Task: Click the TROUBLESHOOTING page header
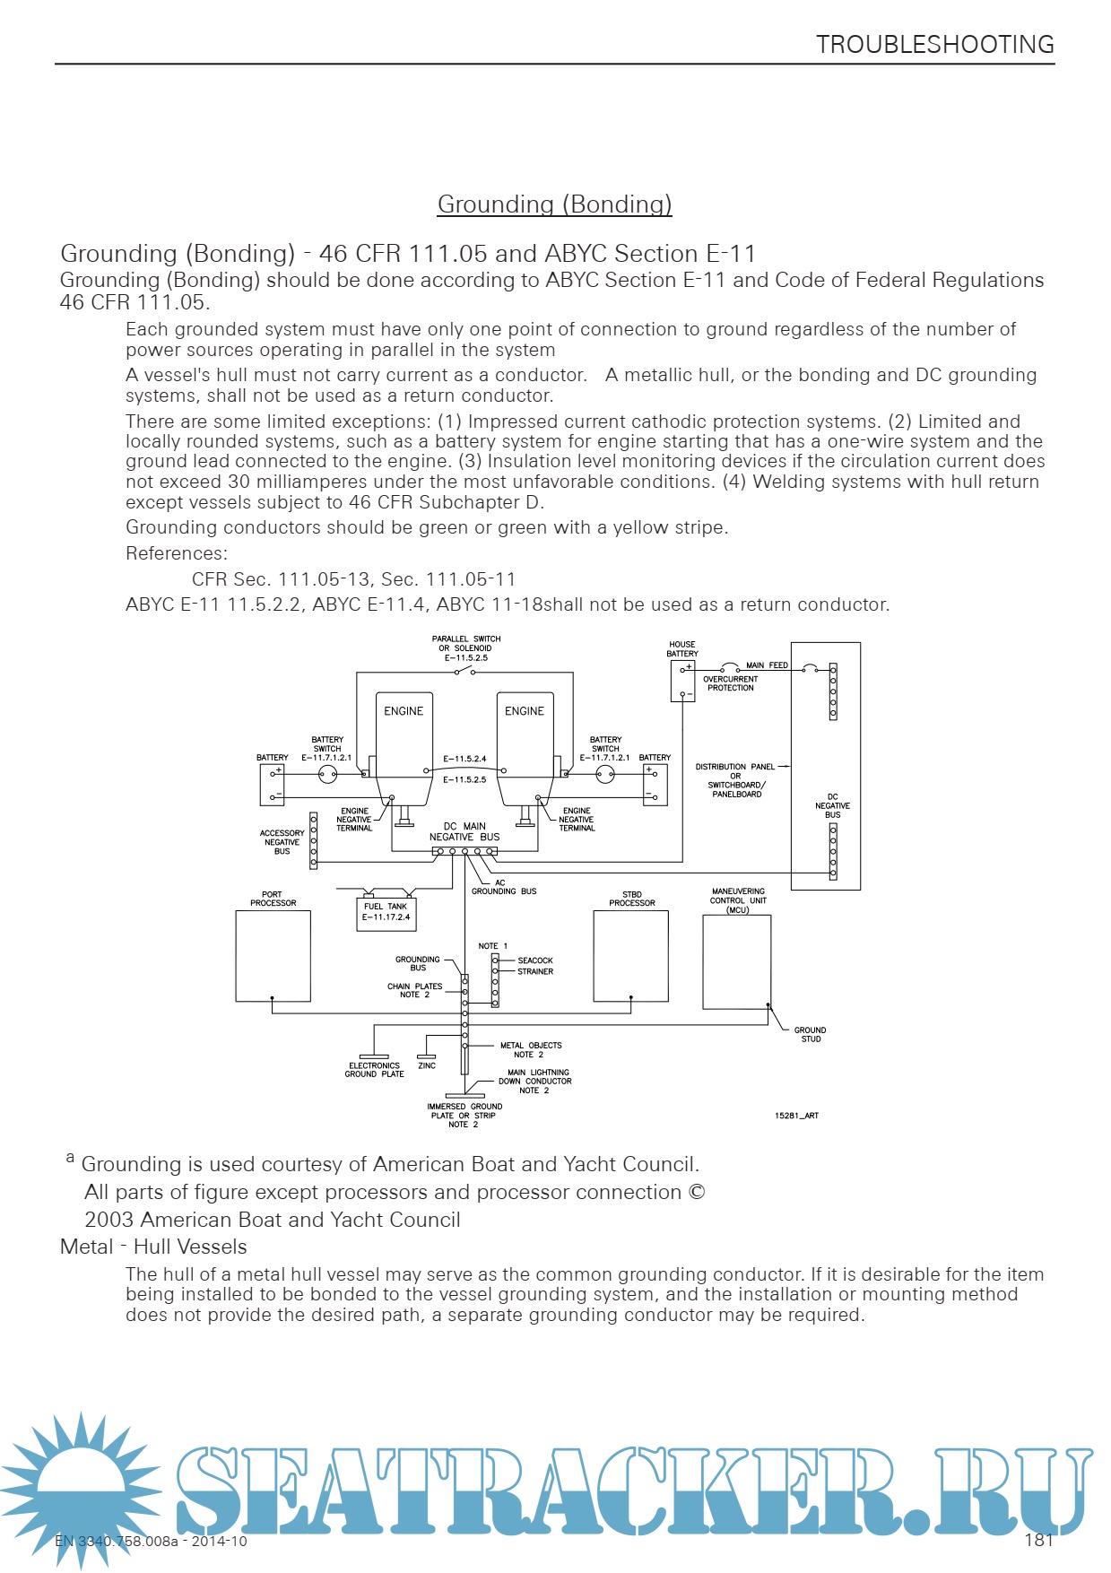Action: [934, 45]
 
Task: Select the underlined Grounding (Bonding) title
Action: [554, 204]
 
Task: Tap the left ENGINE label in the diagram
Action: [404, 711]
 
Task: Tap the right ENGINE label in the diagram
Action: [525, 711]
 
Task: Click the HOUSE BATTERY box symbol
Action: [682, 681]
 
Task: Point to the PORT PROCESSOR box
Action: [273, 956]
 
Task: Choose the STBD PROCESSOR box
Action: [630, 956]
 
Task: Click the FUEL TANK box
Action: [386, 913]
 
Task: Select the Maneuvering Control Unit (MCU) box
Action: [736, 961]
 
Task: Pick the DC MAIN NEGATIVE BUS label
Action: [464, 831]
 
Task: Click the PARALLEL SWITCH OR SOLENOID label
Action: [466, 648]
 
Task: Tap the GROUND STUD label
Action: [810, 1034]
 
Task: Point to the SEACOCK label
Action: [535, 960]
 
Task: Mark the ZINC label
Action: [427, 1065]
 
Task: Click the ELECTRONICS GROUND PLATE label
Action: [374, 1070]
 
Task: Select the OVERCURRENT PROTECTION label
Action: [730, 683]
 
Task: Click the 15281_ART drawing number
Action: [796, 1116]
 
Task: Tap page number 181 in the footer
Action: [1038, 1540]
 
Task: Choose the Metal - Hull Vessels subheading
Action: [153, 1247]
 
